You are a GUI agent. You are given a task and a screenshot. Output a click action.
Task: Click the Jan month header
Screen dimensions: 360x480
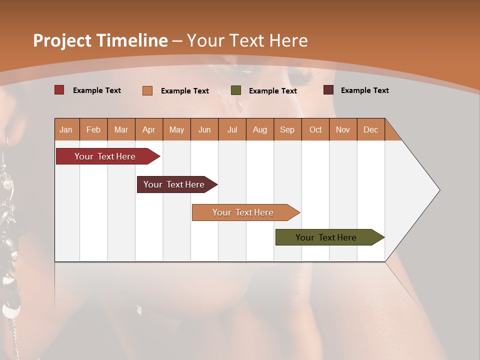(66, 129)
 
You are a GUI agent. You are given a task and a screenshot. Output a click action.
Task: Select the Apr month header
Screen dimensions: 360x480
(149, 129)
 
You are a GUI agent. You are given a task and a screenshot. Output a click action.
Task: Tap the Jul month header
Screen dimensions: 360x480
(232, 129)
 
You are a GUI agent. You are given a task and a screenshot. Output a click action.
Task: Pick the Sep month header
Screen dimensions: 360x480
(287, 129)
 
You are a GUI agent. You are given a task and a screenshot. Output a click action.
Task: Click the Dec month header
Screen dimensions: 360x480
(370, 129)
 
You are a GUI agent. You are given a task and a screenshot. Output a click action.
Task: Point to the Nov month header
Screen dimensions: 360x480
(342, 129)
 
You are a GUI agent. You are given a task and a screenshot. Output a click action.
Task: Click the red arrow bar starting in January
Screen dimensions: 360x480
(105, 156)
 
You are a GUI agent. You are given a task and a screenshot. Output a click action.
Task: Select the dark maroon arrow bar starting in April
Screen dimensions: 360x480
(174, 184)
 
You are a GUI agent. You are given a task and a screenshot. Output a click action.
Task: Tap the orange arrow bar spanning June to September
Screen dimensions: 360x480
(243, 212)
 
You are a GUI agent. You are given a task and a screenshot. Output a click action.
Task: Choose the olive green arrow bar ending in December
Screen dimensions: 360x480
(326, 237)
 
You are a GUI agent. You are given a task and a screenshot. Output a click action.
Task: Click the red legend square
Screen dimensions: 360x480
(59, 90)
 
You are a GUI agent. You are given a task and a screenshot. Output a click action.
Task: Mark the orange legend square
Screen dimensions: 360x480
(147, 90)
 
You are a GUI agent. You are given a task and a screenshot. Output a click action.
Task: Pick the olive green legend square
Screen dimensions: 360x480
(236, 90)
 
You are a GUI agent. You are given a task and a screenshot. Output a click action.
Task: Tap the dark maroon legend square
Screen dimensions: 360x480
(328, 90)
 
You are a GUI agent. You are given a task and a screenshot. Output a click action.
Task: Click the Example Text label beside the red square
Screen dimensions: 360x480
(97, 90)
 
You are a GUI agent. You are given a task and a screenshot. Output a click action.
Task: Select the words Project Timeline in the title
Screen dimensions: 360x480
(100, 40)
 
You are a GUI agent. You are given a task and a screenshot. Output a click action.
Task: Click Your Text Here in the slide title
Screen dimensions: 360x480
(247, 40)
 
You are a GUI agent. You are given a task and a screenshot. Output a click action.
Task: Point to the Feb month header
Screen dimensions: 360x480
(93, 129)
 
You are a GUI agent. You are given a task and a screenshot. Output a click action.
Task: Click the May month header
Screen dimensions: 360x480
(176, 129)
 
